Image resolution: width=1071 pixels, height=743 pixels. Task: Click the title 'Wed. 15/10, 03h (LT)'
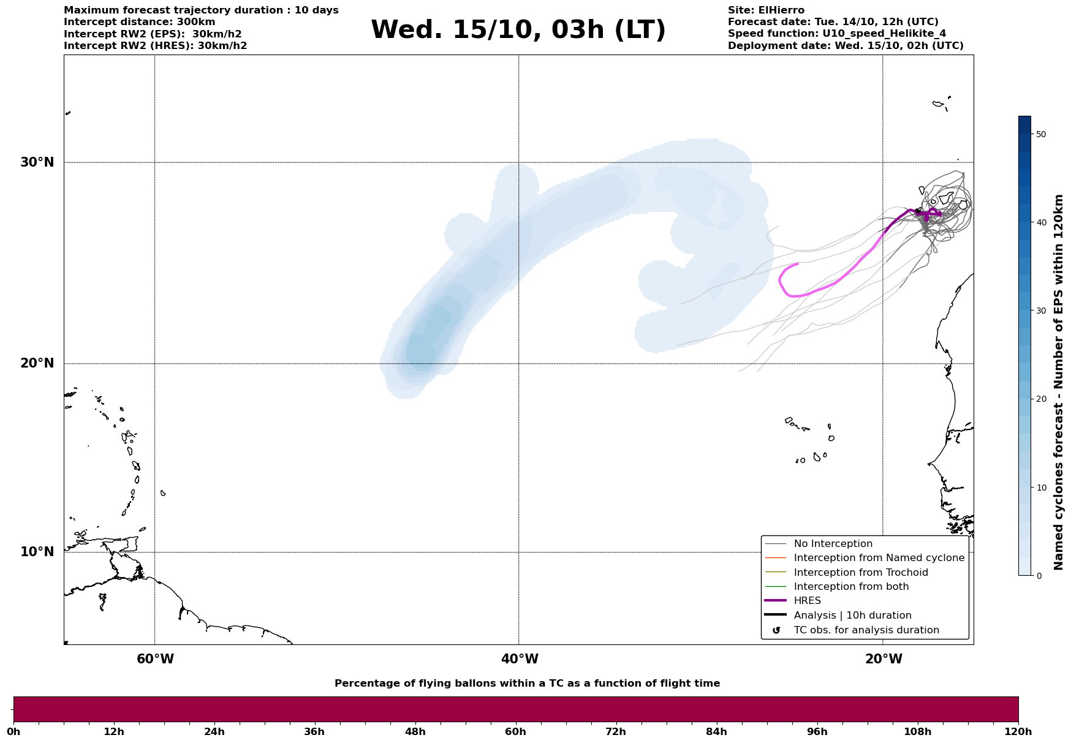click(518, 30)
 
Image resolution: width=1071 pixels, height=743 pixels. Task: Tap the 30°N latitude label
click(37, 162)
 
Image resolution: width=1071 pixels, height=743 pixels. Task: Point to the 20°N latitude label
click(37, 363)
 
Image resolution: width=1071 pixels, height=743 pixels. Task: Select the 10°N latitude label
click(37, 552)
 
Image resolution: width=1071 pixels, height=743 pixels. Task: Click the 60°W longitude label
click(155, 659)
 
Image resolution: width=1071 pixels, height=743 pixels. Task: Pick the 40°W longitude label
click(520, 659)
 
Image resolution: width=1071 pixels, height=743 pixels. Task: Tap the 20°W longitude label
click(884, 659)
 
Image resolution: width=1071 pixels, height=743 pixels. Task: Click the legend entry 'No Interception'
click(833, 544)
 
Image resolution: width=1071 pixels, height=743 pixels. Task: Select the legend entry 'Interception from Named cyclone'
click(879, 558)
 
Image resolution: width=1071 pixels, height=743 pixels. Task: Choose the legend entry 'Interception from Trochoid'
click(860, 573)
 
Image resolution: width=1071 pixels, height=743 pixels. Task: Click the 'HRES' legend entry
click(807, 601)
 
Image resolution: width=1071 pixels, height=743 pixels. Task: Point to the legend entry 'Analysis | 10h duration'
click(852, 616)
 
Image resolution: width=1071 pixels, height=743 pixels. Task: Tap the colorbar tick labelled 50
click(1040, 134)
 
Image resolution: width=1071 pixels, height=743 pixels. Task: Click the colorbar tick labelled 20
click(1040, 399)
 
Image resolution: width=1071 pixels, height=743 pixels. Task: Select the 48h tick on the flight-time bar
click(415, 731)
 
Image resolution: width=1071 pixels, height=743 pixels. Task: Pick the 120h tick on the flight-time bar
click(1018, 731)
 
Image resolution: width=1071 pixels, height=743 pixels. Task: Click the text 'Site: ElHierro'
click(766, 10)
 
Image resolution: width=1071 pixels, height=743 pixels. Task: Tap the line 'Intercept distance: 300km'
click(139, 22)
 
